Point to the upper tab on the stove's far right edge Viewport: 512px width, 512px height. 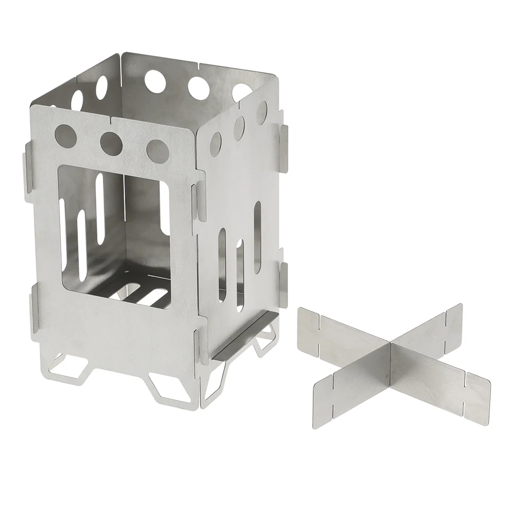(283, 139)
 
